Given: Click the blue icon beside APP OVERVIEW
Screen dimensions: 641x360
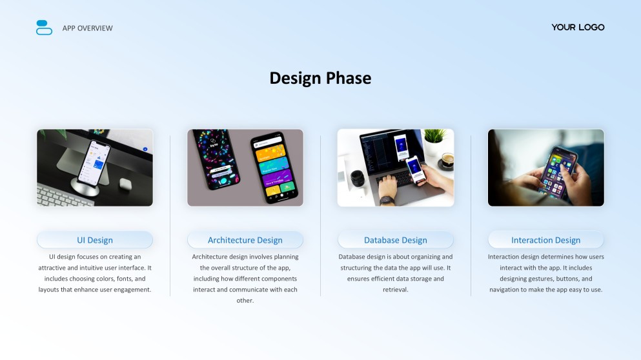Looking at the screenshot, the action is pos(44,28).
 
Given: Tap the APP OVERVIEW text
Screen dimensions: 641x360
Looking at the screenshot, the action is pos(88,28).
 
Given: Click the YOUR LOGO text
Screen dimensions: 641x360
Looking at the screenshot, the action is pos(578,27).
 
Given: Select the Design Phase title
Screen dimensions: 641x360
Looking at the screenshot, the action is pos(320,78).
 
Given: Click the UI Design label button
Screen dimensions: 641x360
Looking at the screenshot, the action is pos(95,240).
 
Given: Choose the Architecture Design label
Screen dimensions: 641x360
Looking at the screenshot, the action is pos(245,240).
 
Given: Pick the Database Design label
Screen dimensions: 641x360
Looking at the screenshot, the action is pos(396,240).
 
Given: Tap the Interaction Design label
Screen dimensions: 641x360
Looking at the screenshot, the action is pos(545,240).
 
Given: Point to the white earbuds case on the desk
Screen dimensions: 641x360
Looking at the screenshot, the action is pos(125,184).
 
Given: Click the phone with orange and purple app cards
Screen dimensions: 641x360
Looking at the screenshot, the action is pos(274,167).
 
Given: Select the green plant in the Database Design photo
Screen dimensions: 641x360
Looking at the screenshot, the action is pos(434,135).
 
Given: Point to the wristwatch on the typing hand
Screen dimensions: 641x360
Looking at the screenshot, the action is pos(387,200).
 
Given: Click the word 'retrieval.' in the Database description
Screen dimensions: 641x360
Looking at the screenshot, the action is pos(396,290).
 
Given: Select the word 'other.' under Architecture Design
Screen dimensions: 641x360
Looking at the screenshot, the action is pos(245,301).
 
